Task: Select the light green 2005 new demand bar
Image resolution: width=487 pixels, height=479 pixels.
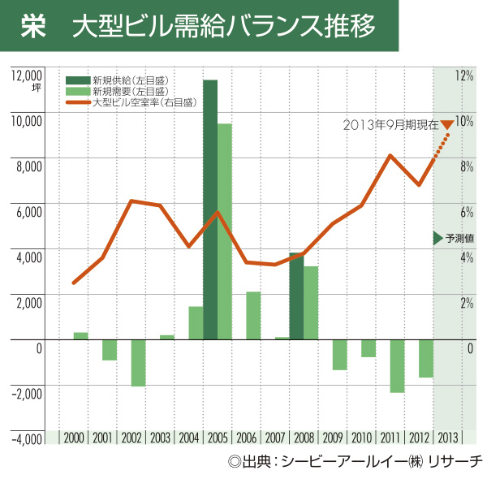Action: pyautogui.click(x=225, y=231)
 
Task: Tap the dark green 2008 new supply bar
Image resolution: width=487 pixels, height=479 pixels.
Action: pyautogui.click(x=296, y=296)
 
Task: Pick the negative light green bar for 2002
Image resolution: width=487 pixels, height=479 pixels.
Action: pyautogui.click(x=138, y=363)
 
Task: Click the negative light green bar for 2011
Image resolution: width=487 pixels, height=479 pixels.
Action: pyautogui.click(x=397, y=366)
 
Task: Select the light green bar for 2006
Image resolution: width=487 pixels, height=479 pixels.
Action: pyautogui.click(x=253, y=316)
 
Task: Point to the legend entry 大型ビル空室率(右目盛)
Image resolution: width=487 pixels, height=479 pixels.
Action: pyautogui.click(x=142, y=103)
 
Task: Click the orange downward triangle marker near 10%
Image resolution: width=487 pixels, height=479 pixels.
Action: pyautogui.click(x=446, y=124)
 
